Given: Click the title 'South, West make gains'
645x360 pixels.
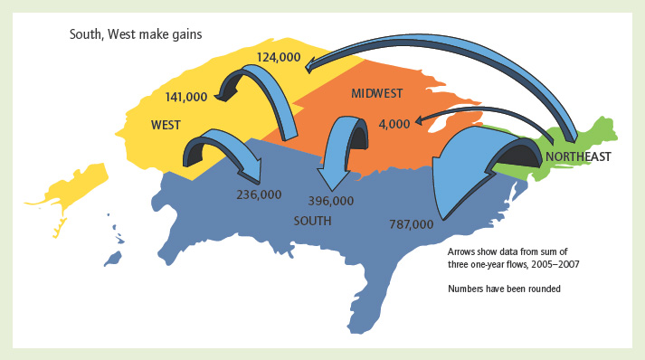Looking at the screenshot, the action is [x=136, y=34].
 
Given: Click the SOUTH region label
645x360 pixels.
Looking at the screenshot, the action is [x=312, y=220].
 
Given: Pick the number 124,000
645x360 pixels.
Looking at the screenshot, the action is [x=278, y=56].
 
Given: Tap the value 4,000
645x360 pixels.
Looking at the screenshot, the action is [x=395, y=123].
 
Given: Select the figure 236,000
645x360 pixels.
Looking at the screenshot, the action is [x=259, y=194].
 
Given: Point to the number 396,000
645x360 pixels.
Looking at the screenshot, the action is [x=330, y=200].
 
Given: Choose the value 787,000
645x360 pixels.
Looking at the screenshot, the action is [x=411, y=223].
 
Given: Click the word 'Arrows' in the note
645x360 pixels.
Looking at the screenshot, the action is [x=461, y=251].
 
